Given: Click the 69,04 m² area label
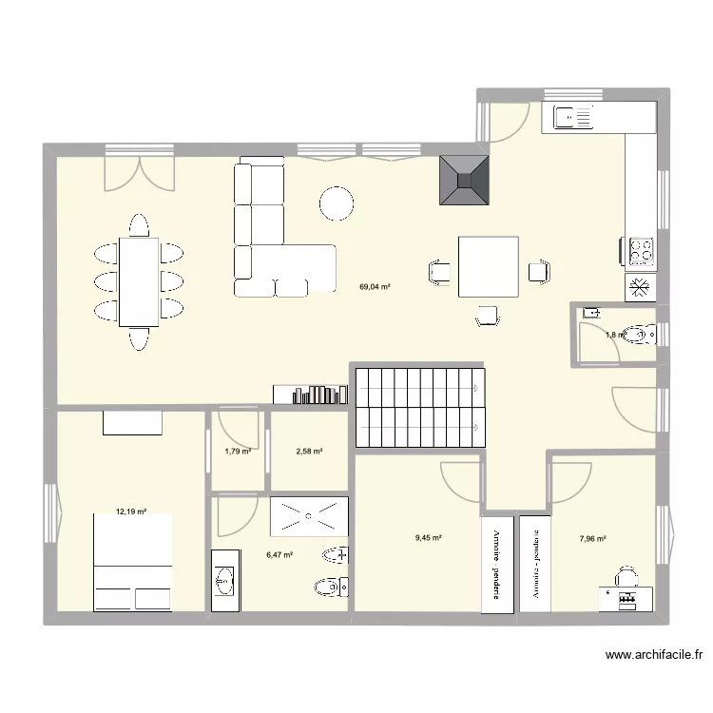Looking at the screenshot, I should point(375,286).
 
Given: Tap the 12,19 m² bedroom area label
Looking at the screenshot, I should point(132,511).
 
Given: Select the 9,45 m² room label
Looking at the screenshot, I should point(429,537).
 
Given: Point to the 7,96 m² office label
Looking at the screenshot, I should point(592,538).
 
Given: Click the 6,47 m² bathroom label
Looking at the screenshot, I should point(279,555).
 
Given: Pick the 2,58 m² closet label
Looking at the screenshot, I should point(309,451).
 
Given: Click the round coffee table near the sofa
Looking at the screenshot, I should point(336,202).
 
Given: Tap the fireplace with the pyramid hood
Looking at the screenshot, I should point(464,181).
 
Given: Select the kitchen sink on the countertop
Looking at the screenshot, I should point(574,119).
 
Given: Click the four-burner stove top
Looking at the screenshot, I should point(641,251).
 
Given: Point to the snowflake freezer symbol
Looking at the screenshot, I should point(640,286).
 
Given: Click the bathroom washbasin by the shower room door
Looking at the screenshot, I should point(224,579).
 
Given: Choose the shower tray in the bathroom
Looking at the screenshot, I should point(307,517).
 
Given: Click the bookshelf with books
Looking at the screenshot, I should point(310,395).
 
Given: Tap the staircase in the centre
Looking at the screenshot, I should point(419,407).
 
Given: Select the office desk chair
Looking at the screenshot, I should point(626,576).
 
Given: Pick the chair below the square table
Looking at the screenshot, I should point(488,316).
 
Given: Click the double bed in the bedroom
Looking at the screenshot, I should point(132,562).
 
